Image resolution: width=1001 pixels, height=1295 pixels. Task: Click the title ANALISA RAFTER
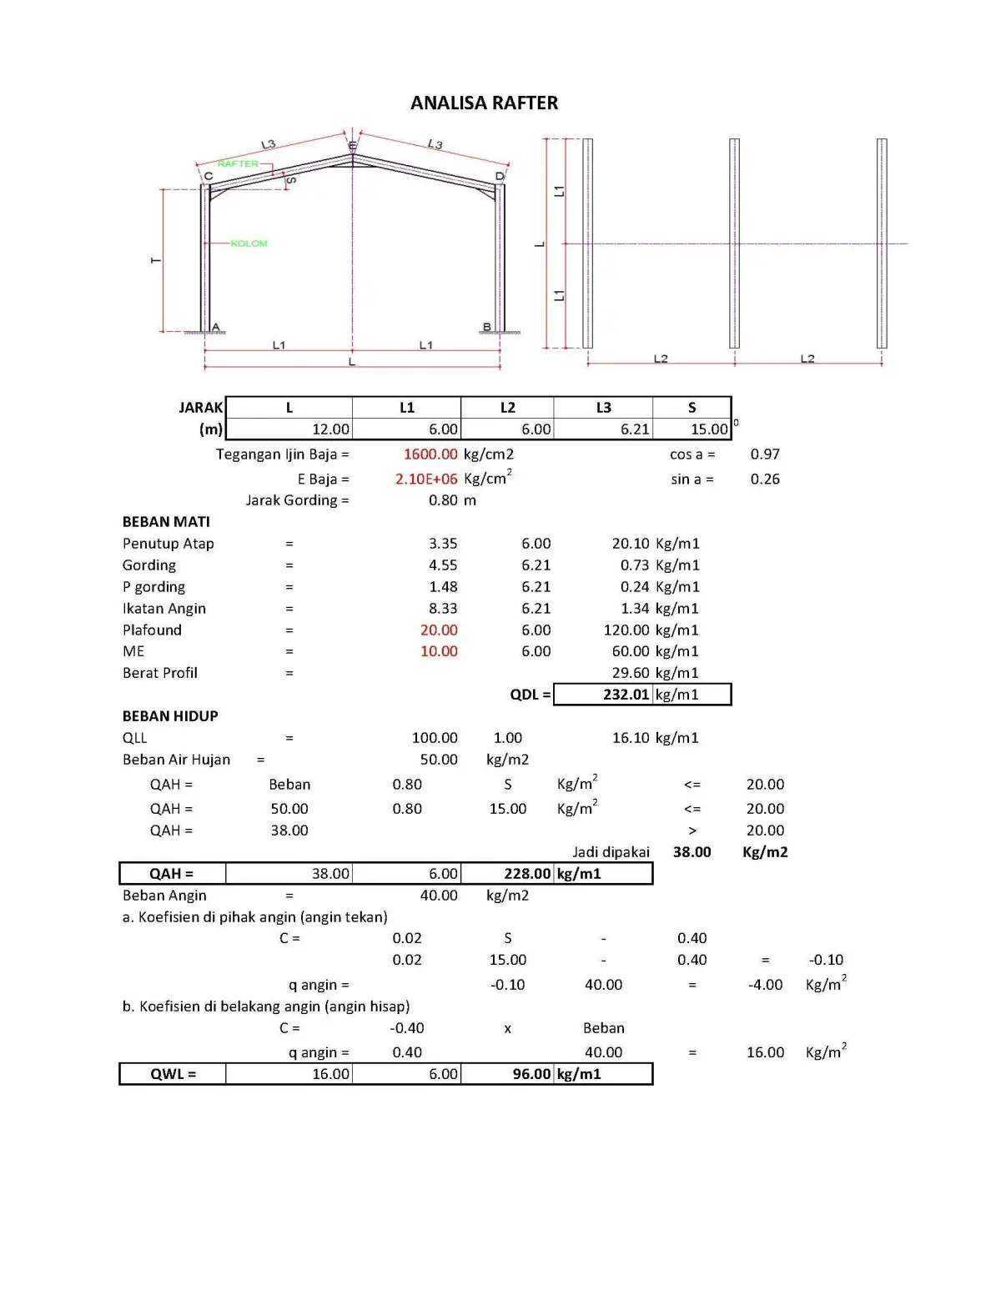[x=484, y=103]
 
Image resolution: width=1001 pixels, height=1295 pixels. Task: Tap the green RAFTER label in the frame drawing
[x=238, y=163]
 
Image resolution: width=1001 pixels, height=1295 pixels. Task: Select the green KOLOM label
[x=249, y=243]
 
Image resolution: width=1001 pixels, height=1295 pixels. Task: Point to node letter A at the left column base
[x=215, y=327]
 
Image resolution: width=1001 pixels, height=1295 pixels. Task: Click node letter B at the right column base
[x=487, y=327]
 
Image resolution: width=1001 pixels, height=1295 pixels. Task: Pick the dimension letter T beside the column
[x=155, y=260]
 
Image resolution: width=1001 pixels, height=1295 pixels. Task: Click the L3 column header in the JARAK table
[x=603, y=408]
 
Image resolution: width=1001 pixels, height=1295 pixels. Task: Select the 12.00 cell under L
[x=330, y=429]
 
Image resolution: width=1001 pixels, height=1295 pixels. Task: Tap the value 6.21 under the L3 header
[x=634, y=429]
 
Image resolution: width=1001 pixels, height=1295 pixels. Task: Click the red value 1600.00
[x=430, y=454]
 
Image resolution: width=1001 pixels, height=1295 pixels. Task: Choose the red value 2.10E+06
[x=426, y=479]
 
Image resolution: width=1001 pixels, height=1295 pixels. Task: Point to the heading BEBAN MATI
[x=166, y=522]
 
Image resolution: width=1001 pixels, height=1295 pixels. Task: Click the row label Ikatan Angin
[x=163, y=609]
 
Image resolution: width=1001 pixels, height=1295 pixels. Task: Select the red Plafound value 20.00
[x=439, y=630]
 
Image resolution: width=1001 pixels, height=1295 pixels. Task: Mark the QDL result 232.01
[x=626, y=695]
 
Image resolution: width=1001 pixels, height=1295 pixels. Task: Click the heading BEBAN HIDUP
[x=170, y=716]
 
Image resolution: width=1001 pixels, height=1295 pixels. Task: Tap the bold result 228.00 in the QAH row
[x=527, y=874]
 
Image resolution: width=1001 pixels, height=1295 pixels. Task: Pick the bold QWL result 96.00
[x=531, y=1074]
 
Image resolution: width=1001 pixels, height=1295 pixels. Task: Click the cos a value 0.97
[x=765, y=454]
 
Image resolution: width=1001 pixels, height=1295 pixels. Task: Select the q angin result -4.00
[x=765, y=985]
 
